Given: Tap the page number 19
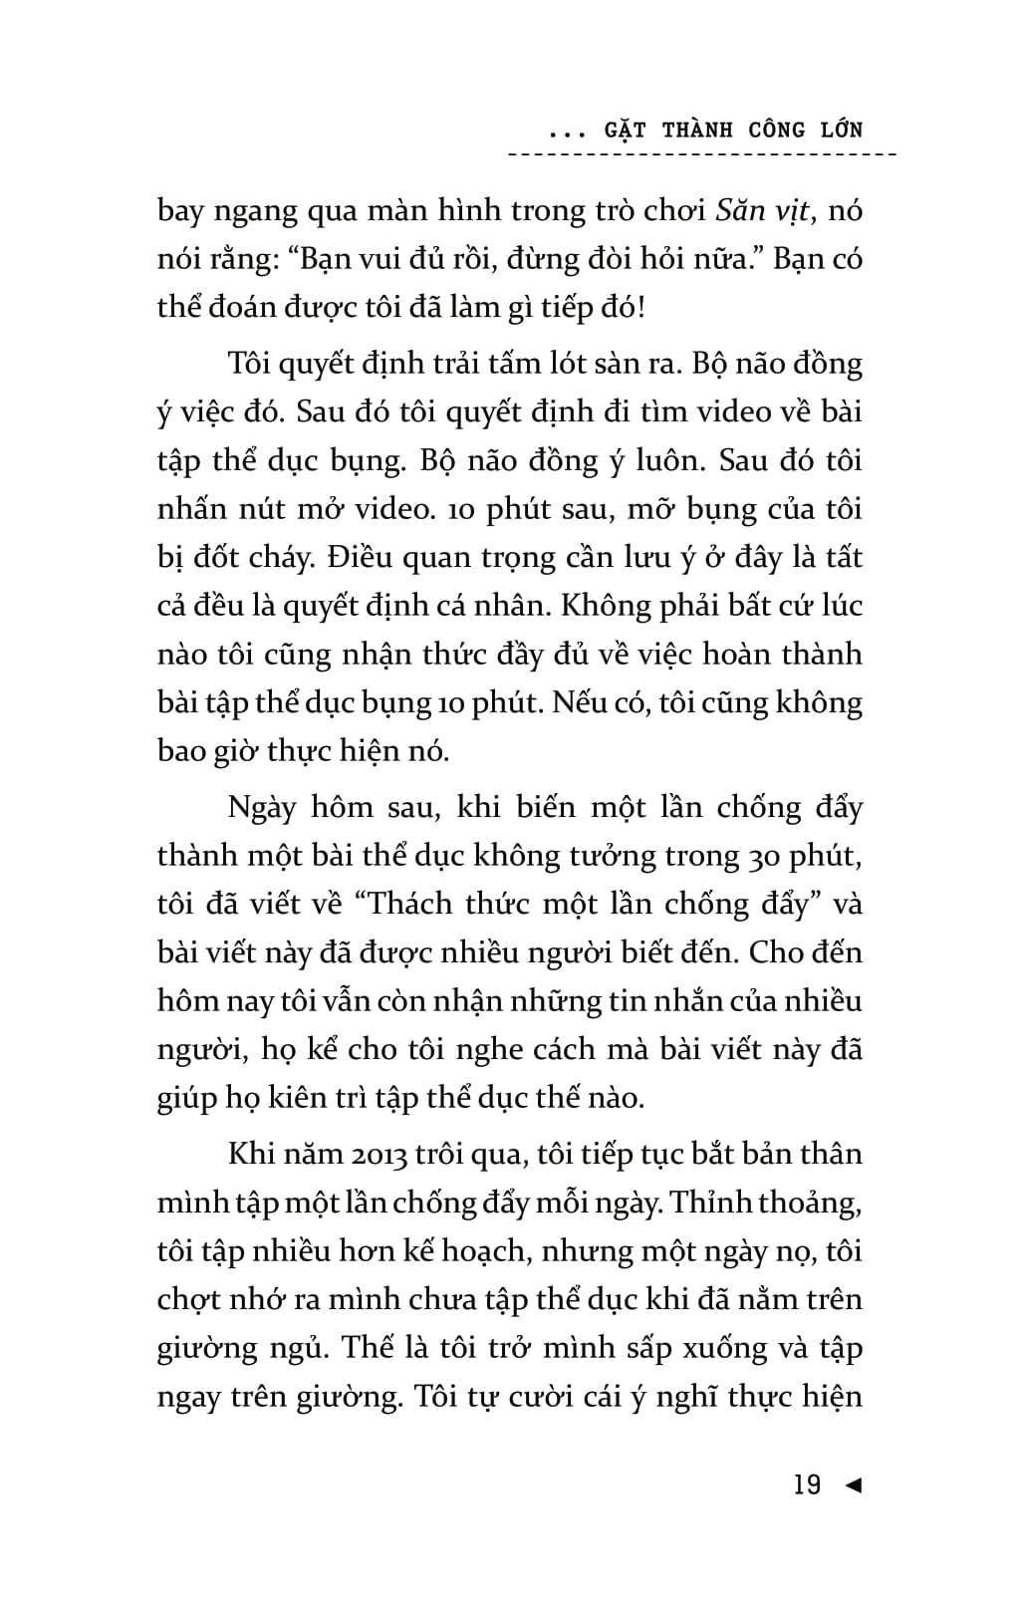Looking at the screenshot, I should (x=807, y=1485).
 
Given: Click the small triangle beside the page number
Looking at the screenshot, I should (x=852, y=1485).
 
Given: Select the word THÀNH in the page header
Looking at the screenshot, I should (x=697, y=130).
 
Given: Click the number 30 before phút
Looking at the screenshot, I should (x=759, y=856).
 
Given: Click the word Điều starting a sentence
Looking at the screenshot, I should (x=361, y=558).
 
